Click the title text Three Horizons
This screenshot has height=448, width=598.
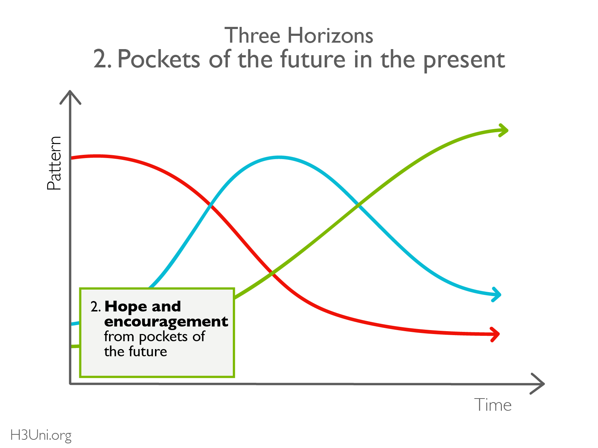pos(298,35)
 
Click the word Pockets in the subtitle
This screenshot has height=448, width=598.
pos(159,59)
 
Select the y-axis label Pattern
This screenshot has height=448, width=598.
pos(54,163)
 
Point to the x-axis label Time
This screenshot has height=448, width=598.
pos(493,405)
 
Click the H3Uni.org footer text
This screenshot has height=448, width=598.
pos(41,435)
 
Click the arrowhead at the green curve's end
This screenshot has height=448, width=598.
pos(503,130)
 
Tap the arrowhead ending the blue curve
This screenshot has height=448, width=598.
pos(496,295)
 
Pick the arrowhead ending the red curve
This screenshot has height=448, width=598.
pos(494,334)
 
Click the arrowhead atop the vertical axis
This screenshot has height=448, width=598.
pos(70,97)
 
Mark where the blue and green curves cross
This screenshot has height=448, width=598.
pos(358,205)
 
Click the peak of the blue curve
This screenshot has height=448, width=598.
pos(279,157)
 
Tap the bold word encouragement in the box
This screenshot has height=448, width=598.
pos(166,322)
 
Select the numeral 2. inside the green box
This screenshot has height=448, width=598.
pos(96,307)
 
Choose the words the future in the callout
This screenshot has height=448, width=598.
pos(135,351)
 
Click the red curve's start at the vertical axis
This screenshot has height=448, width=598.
pos(72,158)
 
